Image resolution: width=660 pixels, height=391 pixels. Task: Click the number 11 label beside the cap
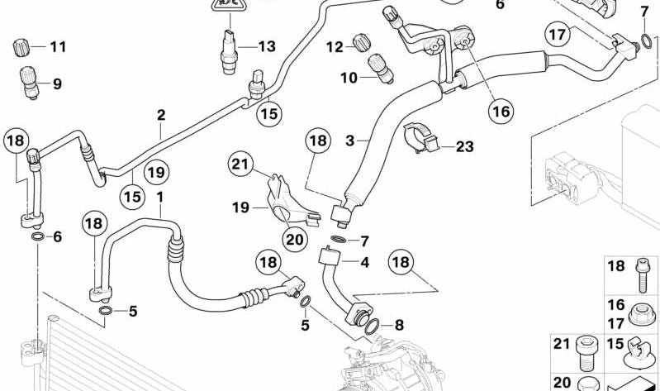pos(56,47)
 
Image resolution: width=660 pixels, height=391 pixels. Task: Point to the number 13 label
pos(265,47)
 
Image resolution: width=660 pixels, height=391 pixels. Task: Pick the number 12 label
pos(333,47)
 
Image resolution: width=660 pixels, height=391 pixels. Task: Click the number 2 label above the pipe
pos(161,115)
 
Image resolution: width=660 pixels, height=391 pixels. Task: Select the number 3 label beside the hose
pos(350,141)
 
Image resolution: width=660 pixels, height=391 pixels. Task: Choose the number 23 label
pos(464,148)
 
